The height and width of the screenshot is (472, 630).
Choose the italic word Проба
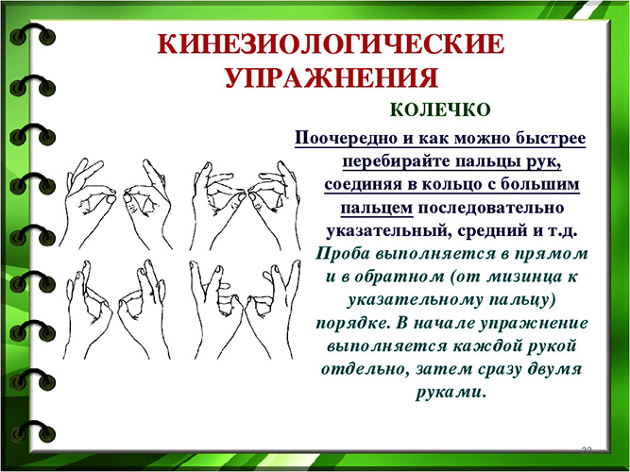[x=344, y=253]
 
